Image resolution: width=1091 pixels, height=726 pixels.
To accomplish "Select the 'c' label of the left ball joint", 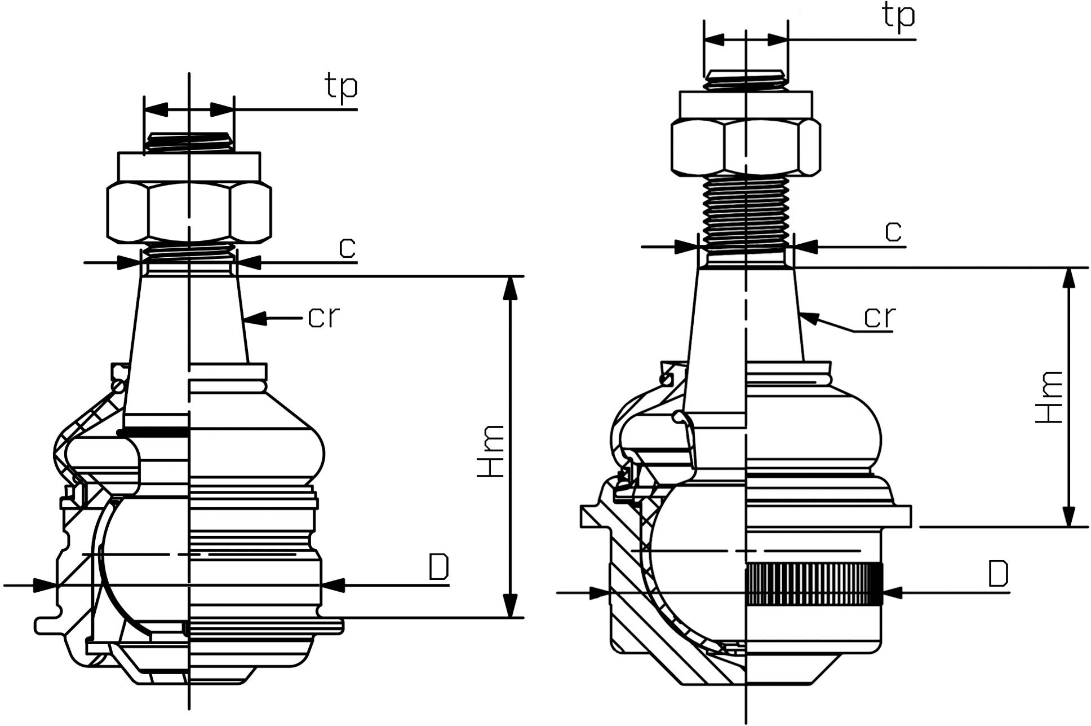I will point(347,248).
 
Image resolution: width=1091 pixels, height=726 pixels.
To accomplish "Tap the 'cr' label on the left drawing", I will point(323,318).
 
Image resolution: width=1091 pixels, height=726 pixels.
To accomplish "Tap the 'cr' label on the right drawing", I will point(879,318).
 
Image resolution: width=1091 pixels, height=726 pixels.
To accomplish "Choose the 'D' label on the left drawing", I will point(438,567).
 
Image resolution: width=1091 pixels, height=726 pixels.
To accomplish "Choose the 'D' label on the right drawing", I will point(998,574).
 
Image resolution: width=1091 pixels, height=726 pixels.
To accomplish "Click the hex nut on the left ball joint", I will point(189,212).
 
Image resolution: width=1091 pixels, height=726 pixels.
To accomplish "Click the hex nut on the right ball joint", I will point(746,147).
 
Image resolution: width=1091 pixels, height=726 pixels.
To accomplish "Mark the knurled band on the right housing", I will point(814,584).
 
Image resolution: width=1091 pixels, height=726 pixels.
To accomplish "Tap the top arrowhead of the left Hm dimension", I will point(510,287).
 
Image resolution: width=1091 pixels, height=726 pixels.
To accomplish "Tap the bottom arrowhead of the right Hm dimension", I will point(1068,517).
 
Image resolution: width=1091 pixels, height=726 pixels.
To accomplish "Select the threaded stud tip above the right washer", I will point(746,80).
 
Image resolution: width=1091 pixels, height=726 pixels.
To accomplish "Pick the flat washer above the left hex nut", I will point(189,166).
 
